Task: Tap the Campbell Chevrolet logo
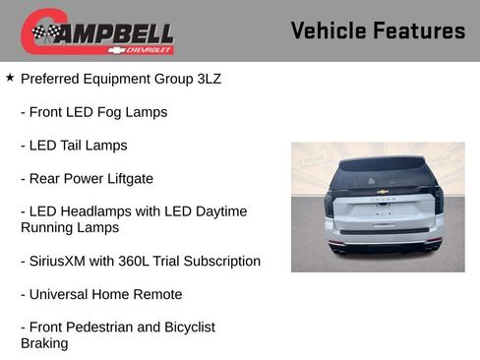pyautogui.click(x=97, y=31)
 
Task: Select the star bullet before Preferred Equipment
pyautogui.click(x=10, y=77)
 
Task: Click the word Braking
pyautogui.click(x=44, y=343)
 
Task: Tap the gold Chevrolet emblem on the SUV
pyautogui.click(x=379, y=194)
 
